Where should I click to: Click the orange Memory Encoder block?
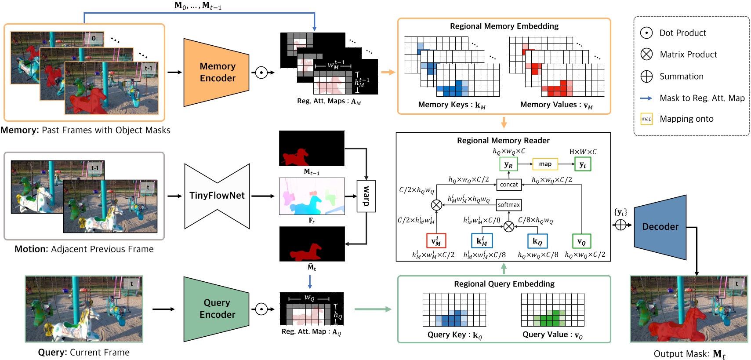tap(217, 73)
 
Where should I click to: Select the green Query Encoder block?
tap(217, 309)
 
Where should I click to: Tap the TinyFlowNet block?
tap(217, 196)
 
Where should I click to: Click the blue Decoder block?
tap(660, 227)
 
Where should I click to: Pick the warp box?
tap(366, 196)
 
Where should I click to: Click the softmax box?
tap(509, 205)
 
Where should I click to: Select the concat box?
tap(509, 185)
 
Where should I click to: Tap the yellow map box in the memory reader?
tap(545, 164)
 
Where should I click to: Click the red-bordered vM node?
tap(436, 241)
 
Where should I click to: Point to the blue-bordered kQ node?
tap(537, 241)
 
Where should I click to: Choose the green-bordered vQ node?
tap(581, 241)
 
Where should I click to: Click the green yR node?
tap(508, 164)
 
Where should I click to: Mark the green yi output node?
tap(582, 164)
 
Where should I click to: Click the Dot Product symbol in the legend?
tap(646, 33)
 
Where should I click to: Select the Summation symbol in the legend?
tap(646, 76)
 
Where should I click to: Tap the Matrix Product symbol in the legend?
tap(646, 55)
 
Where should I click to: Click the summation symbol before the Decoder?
tap(620, 225)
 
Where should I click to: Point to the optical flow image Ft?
tap(312, 196)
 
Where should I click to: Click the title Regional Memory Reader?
tap(503, 141)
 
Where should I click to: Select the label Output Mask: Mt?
tap(689, 354)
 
